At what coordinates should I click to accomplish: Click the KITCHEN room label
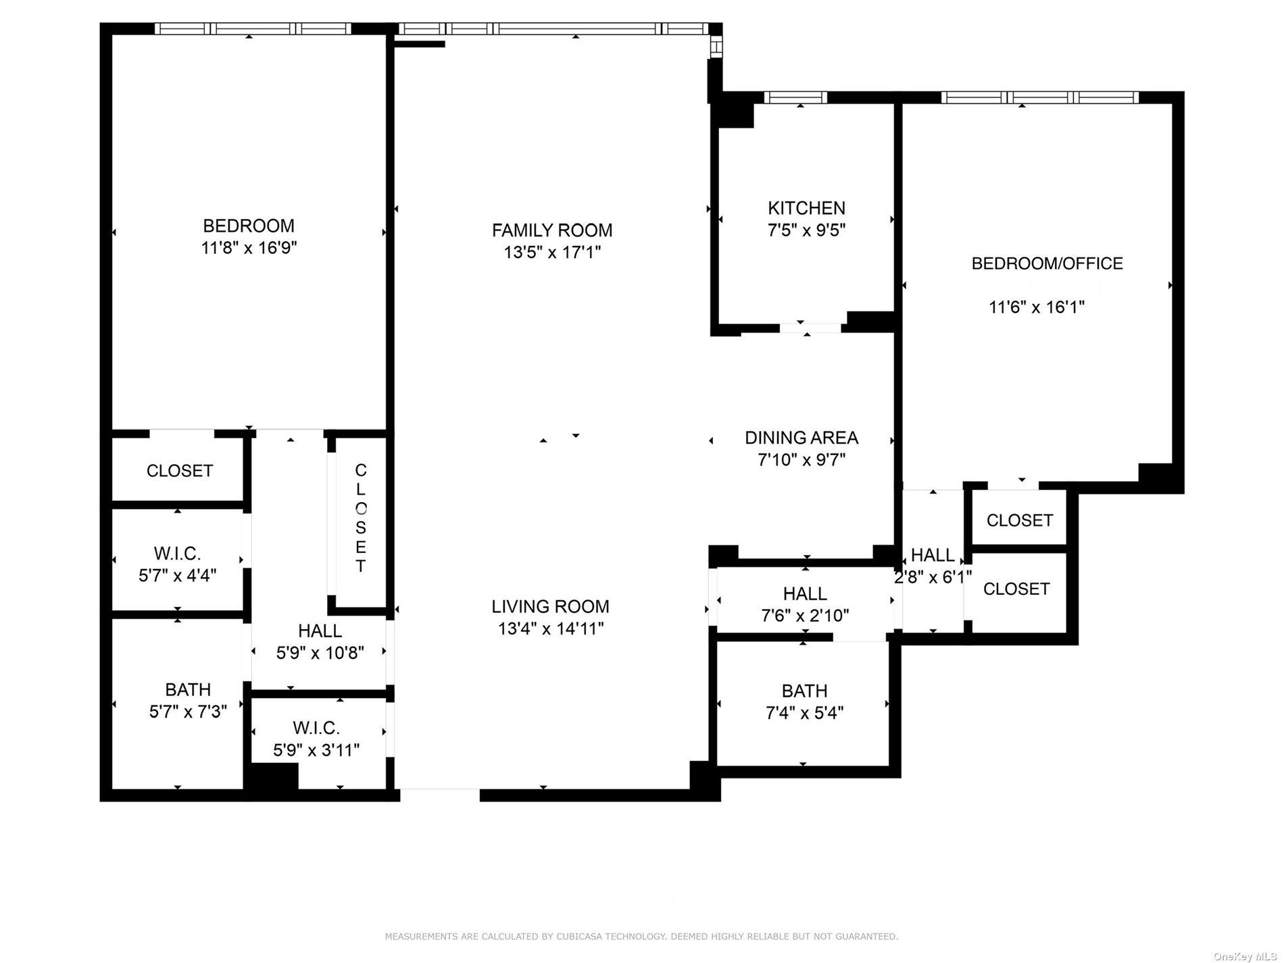coord(806,207)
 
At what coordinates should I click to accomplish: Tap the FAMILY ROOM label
coord(552,230)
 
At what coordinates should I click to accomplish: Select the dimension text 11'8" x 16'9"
coord(249,248)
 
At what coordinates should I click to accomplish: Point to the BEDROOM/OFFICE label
coord(1047,264)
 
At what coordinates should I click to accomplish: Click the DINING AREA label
coord(801,437)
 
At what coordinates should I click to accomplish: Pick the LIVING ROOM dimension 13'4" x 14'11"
coord(551,628)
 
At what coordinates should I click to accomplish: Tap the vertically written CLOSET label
coord(360,518)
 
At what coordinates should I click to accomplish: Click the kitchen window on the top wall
coord(795,97)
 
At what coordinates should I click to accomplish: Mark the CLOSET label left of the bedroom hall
coord(180,471)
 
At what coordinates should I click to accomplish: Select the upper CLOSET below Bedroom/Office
coord(1019,520)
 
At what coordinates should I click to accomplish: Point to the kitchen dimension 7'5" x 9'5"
coord(806,230)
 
